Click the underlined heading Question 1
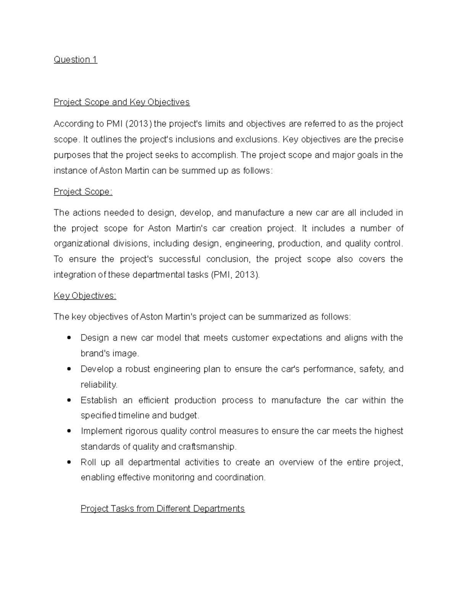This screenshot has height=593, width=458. click(x=76, y=60)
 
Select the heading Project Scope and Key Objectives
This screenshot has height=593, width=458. click(x=121, y=102)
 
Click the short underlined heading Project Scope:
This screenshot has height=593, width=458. click(x=83, y=192)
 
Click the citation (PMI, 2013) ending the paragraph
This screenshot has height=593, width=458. click(x=235, y=275)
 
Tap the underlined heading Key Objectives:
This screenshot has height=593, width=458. click(x=85, y=296)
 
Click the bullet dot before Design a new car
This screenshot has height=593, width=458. click(x=69, y=338)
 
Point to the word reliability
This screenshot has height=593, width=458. click(x=99, y=385)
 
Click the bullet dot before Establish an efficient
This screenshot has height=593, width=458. click(x=69, y=400)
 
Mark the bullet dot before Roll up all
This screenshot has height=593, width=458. click(x=69, y=462)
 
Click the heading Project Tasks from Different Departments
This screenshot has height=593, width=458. click(x=163, y=509)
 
